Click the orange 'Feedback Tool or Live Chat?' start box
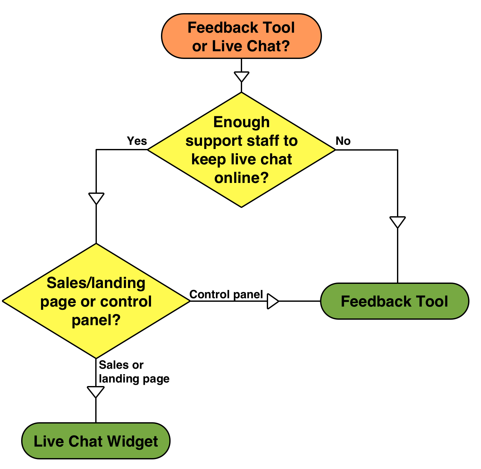point(241,36)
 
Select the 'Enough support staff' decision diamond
point(241,150)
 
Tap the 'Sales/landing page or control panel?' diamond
point(96,301)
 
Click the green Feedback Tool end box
point(394,301)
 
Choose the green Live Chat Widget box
point(96,441)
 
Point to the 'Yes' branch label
point(137,141)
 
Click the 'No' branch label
point(343,141)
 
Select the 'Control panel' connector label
point(226,294)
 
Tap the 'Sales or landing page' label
point(134,372)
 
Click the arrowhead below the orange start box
point(241,76)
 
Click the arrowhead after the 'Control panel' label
point(272,301)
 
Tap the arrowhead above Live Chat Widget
point(96,391)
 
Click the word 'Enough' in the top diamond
point(241,122)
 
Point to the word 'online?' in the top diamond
point(241,177)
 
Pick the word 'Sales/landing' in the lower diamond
point(96,283)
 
